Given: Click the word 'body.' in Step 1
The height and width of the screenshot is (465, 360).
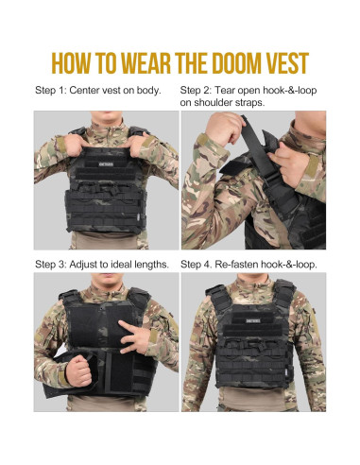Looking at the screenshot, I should pos(159,91).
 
